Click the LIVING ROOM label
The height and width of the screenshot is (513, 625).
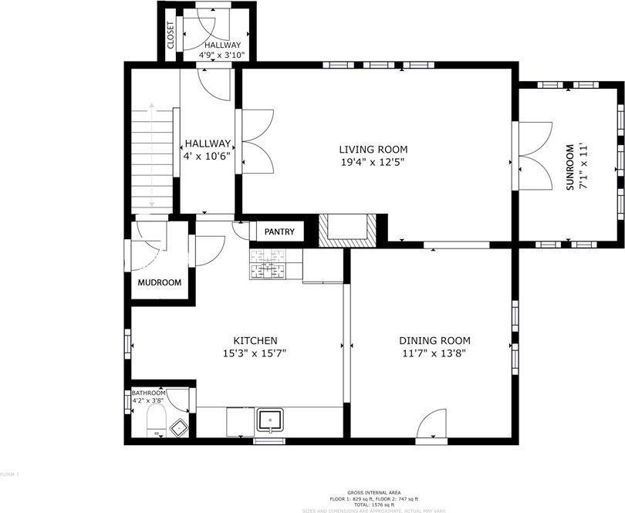373,150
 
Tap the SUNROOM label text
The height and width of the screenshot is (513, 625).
571,167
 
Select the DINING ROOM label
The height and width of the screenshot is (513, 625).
434,341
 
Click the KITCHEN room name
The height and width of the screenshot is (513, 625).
255,341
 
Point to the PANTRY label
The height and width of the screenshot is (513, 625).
279,231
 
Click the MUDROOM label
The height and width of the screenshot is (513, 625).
160,282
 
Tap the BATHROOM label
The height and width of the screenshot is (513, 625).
148,393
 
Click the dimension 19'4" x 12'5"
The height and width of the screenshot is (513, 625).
373,162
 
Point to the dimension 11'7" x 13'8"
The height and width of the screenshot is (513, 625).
434,354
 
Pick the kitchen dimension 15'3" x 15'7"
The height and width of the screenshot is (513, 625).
255,354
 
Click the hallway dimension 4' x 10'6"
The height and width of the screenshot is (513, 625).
207,156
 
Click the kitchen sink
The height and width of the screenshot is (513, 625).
271,420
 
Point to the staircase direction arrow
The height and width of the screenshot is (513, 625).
152,154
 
